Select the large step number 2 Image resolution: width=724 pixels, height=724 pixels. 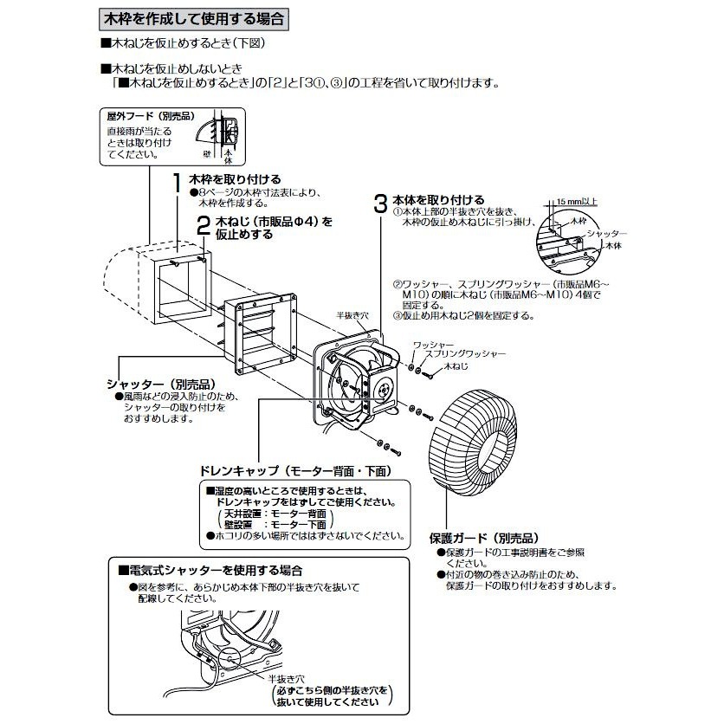pyautogui.click(x=202, y=227)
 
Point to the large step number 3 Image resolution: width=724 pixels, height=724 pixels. pyautogui.click(x=378, y=204)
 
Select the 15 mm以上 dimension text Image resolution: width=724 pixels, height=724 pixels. pyautogui.click(x=577, y=201)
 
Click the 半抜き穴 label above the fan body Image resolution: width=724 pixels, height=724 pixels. pyautogui.click(x=352, y=317)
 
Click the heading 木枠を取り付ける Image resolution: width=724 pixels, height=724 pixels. pyautogui.click(x=228, y=178)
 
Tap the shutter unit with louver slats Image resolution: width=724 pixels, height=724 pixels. pyautogui.click(x=258, y=330)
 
